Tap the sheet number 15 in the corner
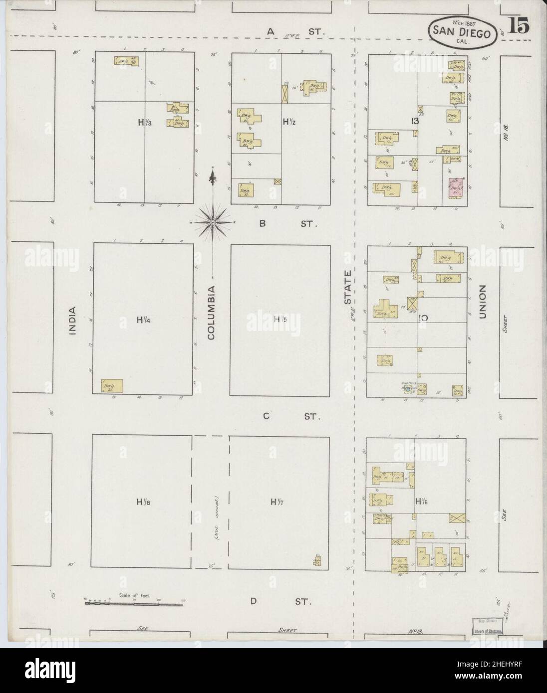pyautogui.click(x=520, y=25)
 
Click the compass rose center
pyautogui.click(x=213, y=221)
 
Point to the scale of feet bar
pyautogui.click(x=134, y=604)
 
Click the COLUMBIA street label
pyautogui.click(x=211, y=313)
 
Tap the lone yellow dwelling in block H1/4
pyautogui.click(x=112, y=385)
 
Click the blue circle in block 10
pyautogui.click(x=408, y=388)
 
